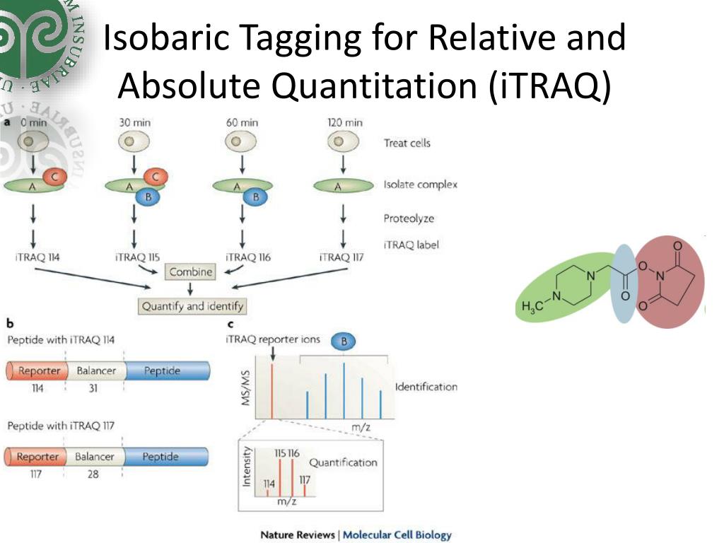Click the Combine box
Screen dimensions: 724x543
190,271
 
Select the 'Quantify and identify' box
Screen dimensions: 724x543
192,306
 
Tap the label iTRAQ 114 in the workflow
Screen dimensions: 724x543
37,257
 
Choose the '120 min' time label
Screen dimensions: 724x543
344,122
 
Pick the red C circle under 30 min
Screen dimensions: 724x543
156,177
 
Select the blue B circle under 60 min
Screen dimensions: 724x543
256,197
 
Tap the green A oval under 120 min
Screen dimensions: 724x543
343,186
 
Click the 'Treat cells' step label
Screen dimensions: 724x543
407,143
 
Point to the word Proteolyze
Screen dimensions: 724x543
409,218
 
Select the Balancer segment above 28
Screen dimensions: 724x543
94,457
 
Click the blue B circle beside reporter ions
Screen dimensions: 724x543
344,342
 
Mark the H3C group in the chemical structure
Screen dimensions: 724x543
532,306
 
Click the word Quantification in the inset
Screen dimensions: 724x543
343,462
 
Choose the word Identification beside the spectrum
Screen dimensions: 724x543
426,387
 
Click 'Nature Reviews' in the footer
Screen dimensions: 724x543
297,535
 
